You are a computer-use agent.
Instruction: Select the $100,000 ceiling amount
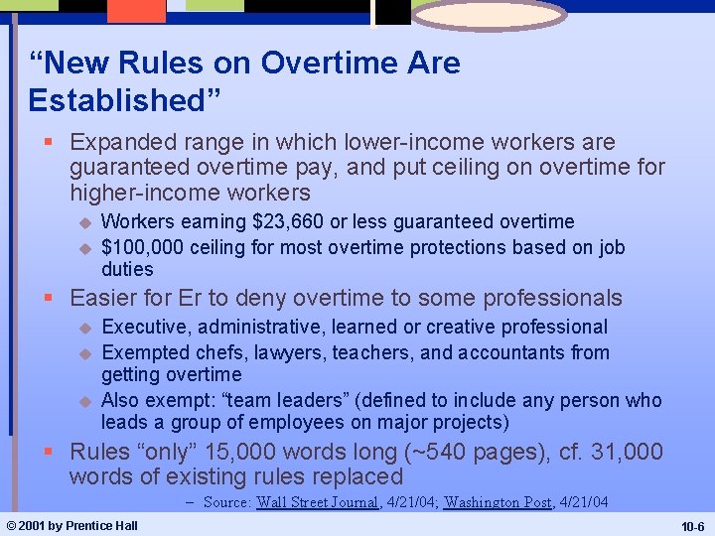tap(143, 247)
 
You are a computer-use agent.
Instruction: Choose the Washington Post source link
tap(497, 502)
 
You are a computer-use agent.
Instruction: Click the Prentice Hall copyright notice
tap(71, 525)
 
